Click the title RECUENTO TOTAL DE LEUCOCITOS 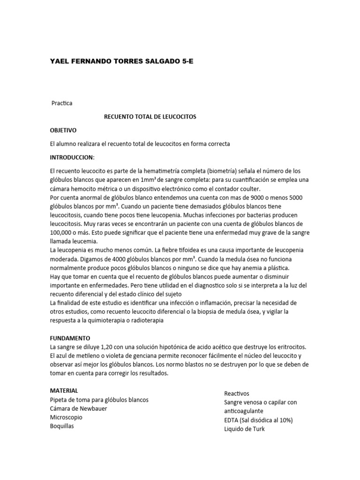[x=150, y=117]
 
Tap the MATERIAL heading [x=64, y=390]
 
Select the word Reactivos [x=237, y=393]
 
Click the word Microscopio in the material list [x=66, y=417]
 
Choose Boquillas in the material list [x=62, y=426]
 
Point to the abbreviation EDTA [x=232, y=420]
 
